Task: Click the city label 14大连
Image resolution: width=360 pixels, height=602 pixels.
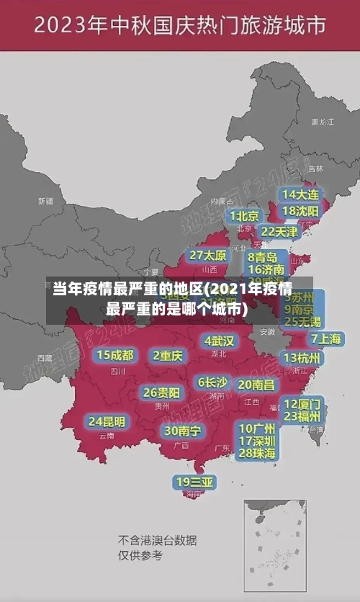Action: coord(300,194)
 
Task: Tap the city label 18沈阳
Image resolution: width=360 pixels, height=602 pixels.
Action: coord(300,211)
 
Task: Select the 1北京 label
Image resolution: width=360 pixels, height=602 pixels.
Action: coord(244,216)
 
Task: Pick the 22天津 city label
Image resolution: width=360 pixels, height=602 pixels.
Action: coord(279,232)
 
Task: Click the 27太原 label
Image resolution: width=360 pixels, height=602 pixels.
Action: coord(208,256)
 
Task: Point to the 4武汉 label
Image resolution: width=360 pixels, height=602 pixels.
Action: coord(219,341)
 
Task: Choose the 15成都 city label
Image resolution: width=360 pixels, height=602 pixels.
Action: coord(115,355)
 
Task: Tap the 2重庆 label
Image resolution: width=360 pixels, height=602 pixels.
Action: coord(168,356)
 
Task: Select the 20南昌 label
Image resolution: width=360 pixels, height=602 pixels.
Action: coord(256,385)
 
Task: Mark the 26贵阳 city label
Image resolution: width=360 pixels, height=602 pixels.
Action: coord(161,392)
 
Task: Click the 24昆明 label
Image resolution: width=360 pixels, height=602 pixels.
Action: coord(107,421)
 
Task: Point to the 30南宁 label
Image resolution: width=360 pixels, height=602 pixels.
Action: coord(182,431)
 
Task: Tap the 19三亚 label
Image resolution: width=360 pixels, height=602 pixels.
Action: coord(194,482)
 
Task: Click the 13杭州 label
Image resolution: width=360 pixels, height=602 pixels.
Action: coord(303,358)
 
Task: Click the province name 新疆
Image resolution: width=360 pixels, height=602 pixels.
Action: coord(45,201)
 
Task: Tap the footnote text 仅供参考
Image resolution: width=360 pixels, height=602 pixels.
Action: coord(140,555)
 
